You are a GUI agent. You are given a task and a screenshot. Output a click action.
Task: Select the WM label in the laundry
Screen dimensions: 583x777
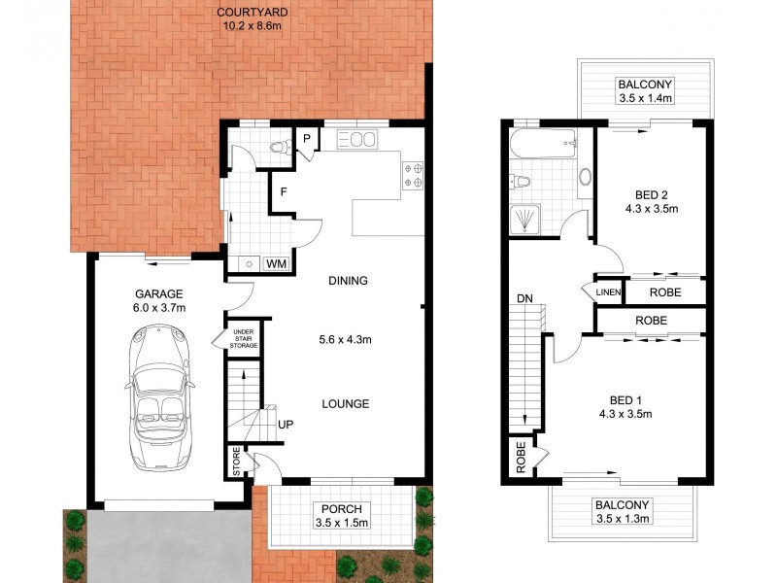pos(275,263)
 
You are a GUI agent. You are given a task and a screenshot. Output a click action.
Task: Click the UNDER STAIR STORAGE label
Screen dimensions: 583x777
pos(243,338)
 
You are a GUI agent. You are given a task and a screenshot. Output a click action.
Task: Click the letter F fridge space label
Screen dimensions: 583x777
pos(284,191)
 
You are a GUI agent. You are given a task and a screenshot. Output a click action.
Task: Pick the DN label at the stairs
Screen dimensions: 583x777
pos(524,299)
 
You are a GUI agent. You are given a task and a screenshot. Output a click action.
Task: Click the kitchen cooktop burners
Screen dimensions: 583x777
pos(412,174)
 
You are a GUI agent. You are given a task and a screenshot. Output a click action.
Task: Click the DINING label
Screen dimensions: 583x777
pos(348,282)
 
